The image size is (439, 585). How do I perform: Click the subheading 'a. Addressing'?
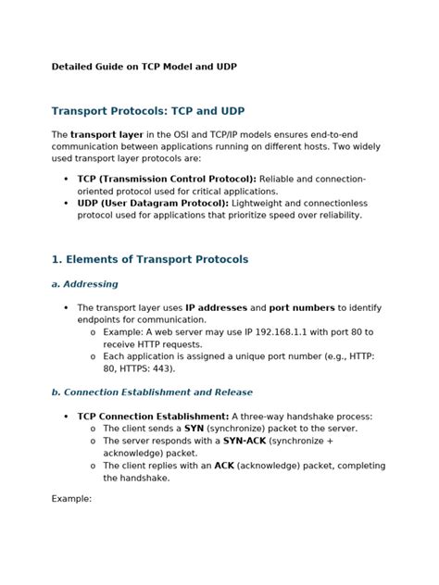coord(84,284)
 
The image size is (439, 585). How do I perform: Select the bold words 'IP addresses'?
coord(214,307)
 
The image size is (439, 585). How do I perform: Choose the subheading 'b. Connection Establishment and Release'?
coord(152,392)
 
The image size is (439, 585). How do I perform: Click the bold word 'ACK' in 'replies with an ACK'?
coord(224,466)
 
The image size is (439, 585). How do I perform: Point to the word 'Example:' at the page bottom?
coord(71,499)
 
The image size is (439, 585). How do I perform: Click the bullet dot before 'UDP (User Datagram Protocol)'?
coord(65,202)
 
